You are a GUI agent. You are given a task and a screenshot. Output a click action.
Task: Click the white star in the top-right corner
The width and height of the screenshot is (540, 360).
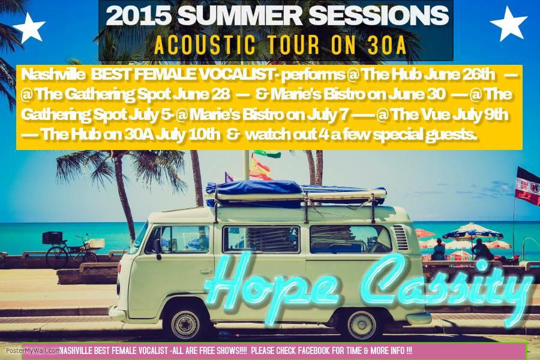pyautogui.click(x=508, y=23)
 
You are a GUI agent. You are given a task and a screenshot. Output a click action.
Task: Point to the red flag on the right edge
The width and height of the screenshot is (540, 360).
pyautogui.click(x=527, y=187)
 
